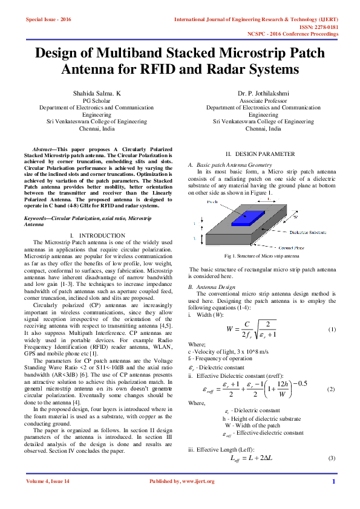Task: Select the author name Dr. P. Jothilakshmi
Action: click(263, 94)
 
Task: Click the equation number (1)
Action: click(332, 329)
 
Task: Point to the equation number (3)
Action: click(332, 459)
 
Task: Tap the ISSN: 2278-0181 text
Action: click(319, 27)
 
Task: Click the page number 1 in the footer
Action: click(333, 481)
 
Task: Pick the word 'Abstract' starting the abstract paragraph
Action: click(42, 149)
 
